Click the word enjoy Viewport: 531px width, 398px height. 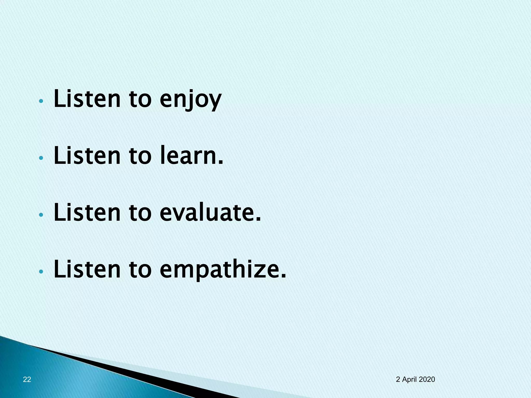pos(190,100)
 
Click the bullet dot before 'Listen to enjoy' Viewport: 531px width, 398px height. pos(40,101)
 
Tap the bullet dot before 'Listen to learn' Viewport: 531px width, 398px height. pos(40,158)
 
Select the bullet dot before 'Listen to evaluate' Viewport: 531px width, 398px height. pos(40,215)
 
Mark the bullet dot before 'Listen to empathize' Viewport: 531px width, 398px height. pos(40,271)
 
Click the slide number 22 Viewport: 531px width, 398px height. pos(27,379)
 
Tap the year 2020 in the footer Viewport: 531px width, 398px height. pos(427,379)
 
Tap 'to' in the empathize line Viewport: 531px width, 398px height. pos(140,270)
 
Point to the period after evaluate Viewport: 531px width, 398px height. pos(258,220)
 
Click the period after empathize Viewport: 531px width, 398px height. pos(283,276)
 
